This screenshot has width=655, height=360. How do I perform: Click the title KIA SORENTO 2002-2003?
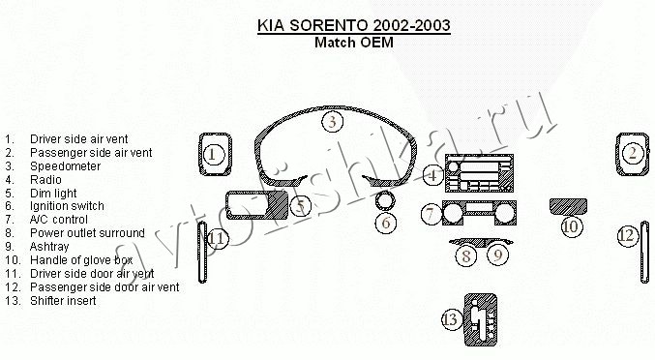pos(354,25)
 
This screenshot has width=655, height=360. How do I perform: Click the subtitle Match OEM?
pos(354,43)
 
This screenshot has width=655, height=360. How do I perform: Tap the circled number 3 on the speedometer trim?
pos(333,122)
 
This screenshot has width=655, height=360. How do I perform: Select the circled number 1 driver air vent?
pos(214,155)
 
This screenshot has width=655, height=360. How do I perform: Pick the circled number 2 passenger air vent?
pos(633,153)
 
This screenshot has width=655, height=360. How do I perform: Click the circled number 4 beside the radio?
pos(433,175)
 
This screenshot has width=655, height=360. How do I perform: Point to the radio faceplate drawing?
pos(479,173)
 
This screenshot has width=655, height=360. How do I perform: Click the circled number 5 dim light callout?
pos(300,205)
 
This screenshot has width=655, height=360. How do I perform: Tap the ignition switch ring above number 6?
pos(385,201)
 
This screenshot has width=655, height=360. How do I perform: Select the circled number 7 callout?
pos(432,214)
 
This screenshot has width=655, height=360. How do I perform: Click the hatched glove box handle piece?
pos(568,206)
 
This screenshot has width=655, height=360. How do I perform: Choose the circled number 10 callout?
pos(571,226)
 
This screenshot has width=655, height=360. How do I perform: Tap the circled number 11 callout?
pos(218,238)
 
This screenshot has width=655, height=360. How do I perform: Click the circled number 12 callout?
pos(628,236)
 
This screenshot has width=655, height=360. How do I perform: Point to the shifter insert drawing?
pos(481,320)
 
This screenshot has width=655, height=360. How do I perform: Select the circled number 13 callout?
pos(452,319)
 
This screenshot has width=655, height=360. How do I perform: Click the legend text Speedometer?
pos(66,166)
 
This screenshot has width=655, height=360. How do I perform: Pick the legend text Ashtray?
pos(49,247)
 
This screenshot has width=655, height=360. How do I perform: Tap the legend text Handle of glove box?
pos(81,259)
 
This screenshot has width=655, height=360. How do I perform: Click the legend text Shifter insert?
pos(63,300)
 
